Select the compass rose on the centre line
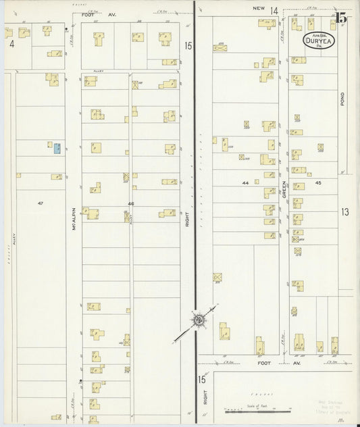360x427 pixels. (x=199, y=319)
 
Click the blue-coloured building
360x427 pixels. (x=57, y=147)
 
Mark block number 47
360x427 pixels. (x=41, y=203)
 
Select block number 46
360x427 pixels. (x=130, y=203)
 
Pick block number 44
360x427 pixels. (x=245, y=183)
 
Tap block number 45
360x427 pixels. (x=317, y=183)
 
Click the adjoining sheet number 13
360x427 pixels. (x=345, y=212)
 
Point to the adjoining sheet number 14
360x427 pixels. (x=274, y=11)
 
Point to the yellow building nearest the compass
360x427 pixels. (x=223, y=330)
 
